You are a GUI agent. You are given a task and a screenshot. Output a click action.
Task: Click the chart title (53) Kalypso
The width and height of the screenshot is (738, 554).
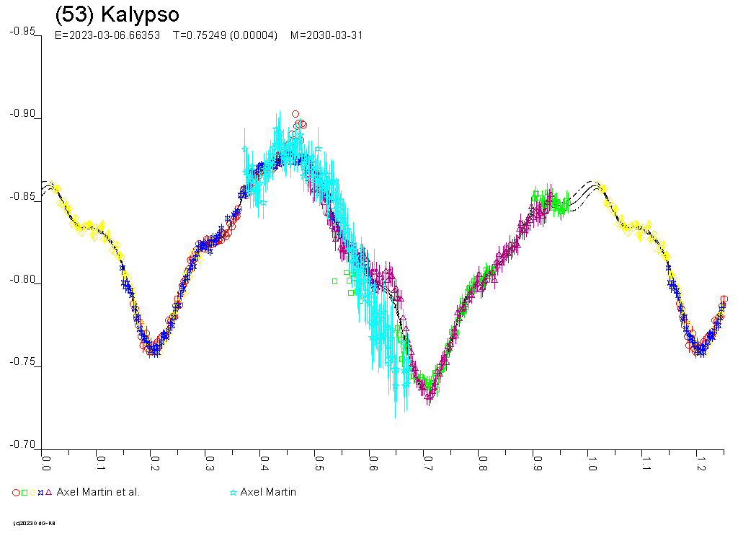(117, 14)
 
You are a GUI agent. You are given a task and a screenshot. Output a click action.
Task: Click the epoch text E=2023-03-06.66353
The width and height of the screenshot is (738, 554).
(107, 35)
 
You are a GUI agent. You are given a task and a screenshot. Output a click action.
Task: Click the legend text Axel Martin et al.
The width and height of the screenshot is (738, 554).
(98, 492)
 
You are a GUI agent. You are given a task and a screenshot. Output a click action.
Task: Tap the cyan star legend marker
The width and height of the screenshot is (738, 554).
(233, 493)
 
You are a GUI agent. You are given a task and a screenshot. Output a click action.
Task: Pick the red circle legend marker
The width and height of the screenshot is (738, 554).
(16, 493)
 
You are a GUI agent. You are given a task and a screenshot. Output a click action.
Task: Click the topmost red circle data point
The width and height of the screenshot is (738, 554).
(295, 114)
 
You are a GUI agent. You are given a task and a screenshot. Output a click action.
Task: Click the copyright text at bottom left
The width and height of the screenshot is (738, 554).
(34, 523)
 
